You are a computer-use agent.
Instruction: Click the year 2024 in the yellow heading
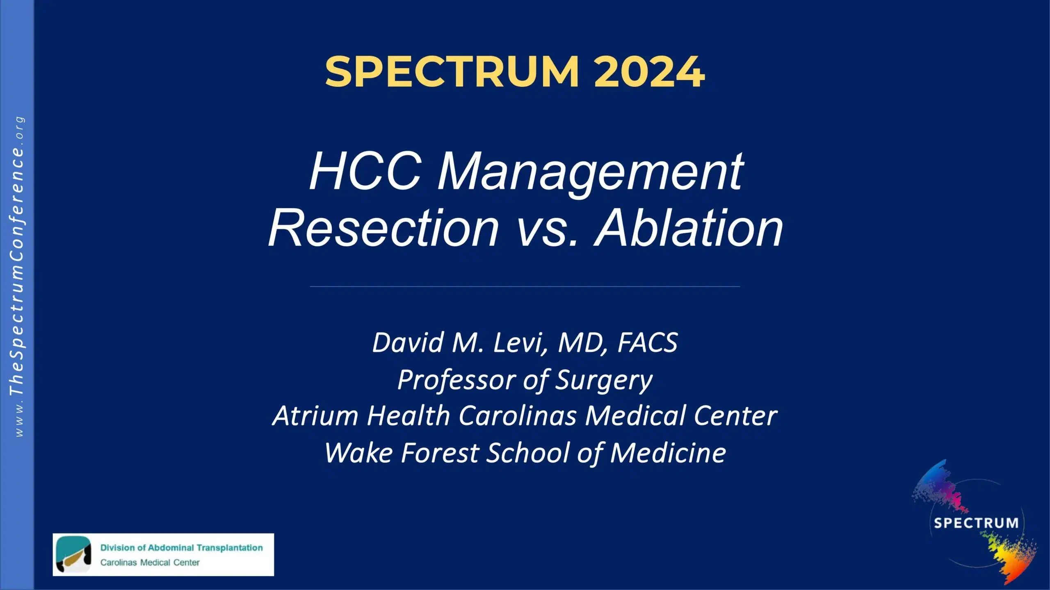click(x=649, y=72)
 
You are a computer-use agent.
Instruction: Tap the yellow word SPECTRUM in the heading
click(x=452, y=72)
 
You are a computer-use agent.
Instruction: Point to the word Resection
click(x=383, y=228)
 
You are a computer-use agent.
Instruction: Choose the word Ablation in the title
click(x=689, y=228)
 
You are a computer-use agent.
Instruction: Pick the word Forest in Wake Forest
click(x=440, y=453)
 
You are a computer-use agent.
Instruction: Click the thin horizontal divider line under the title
click(x=525, y=286)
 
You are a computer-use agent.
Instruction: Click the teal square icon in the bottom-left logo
click(x=73, y=554)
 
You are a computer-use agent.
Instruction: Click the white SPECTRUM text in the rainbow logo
click(x=976, y=523)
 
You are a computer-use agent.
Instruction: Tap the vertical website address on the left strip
click(x=17, y=279)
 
